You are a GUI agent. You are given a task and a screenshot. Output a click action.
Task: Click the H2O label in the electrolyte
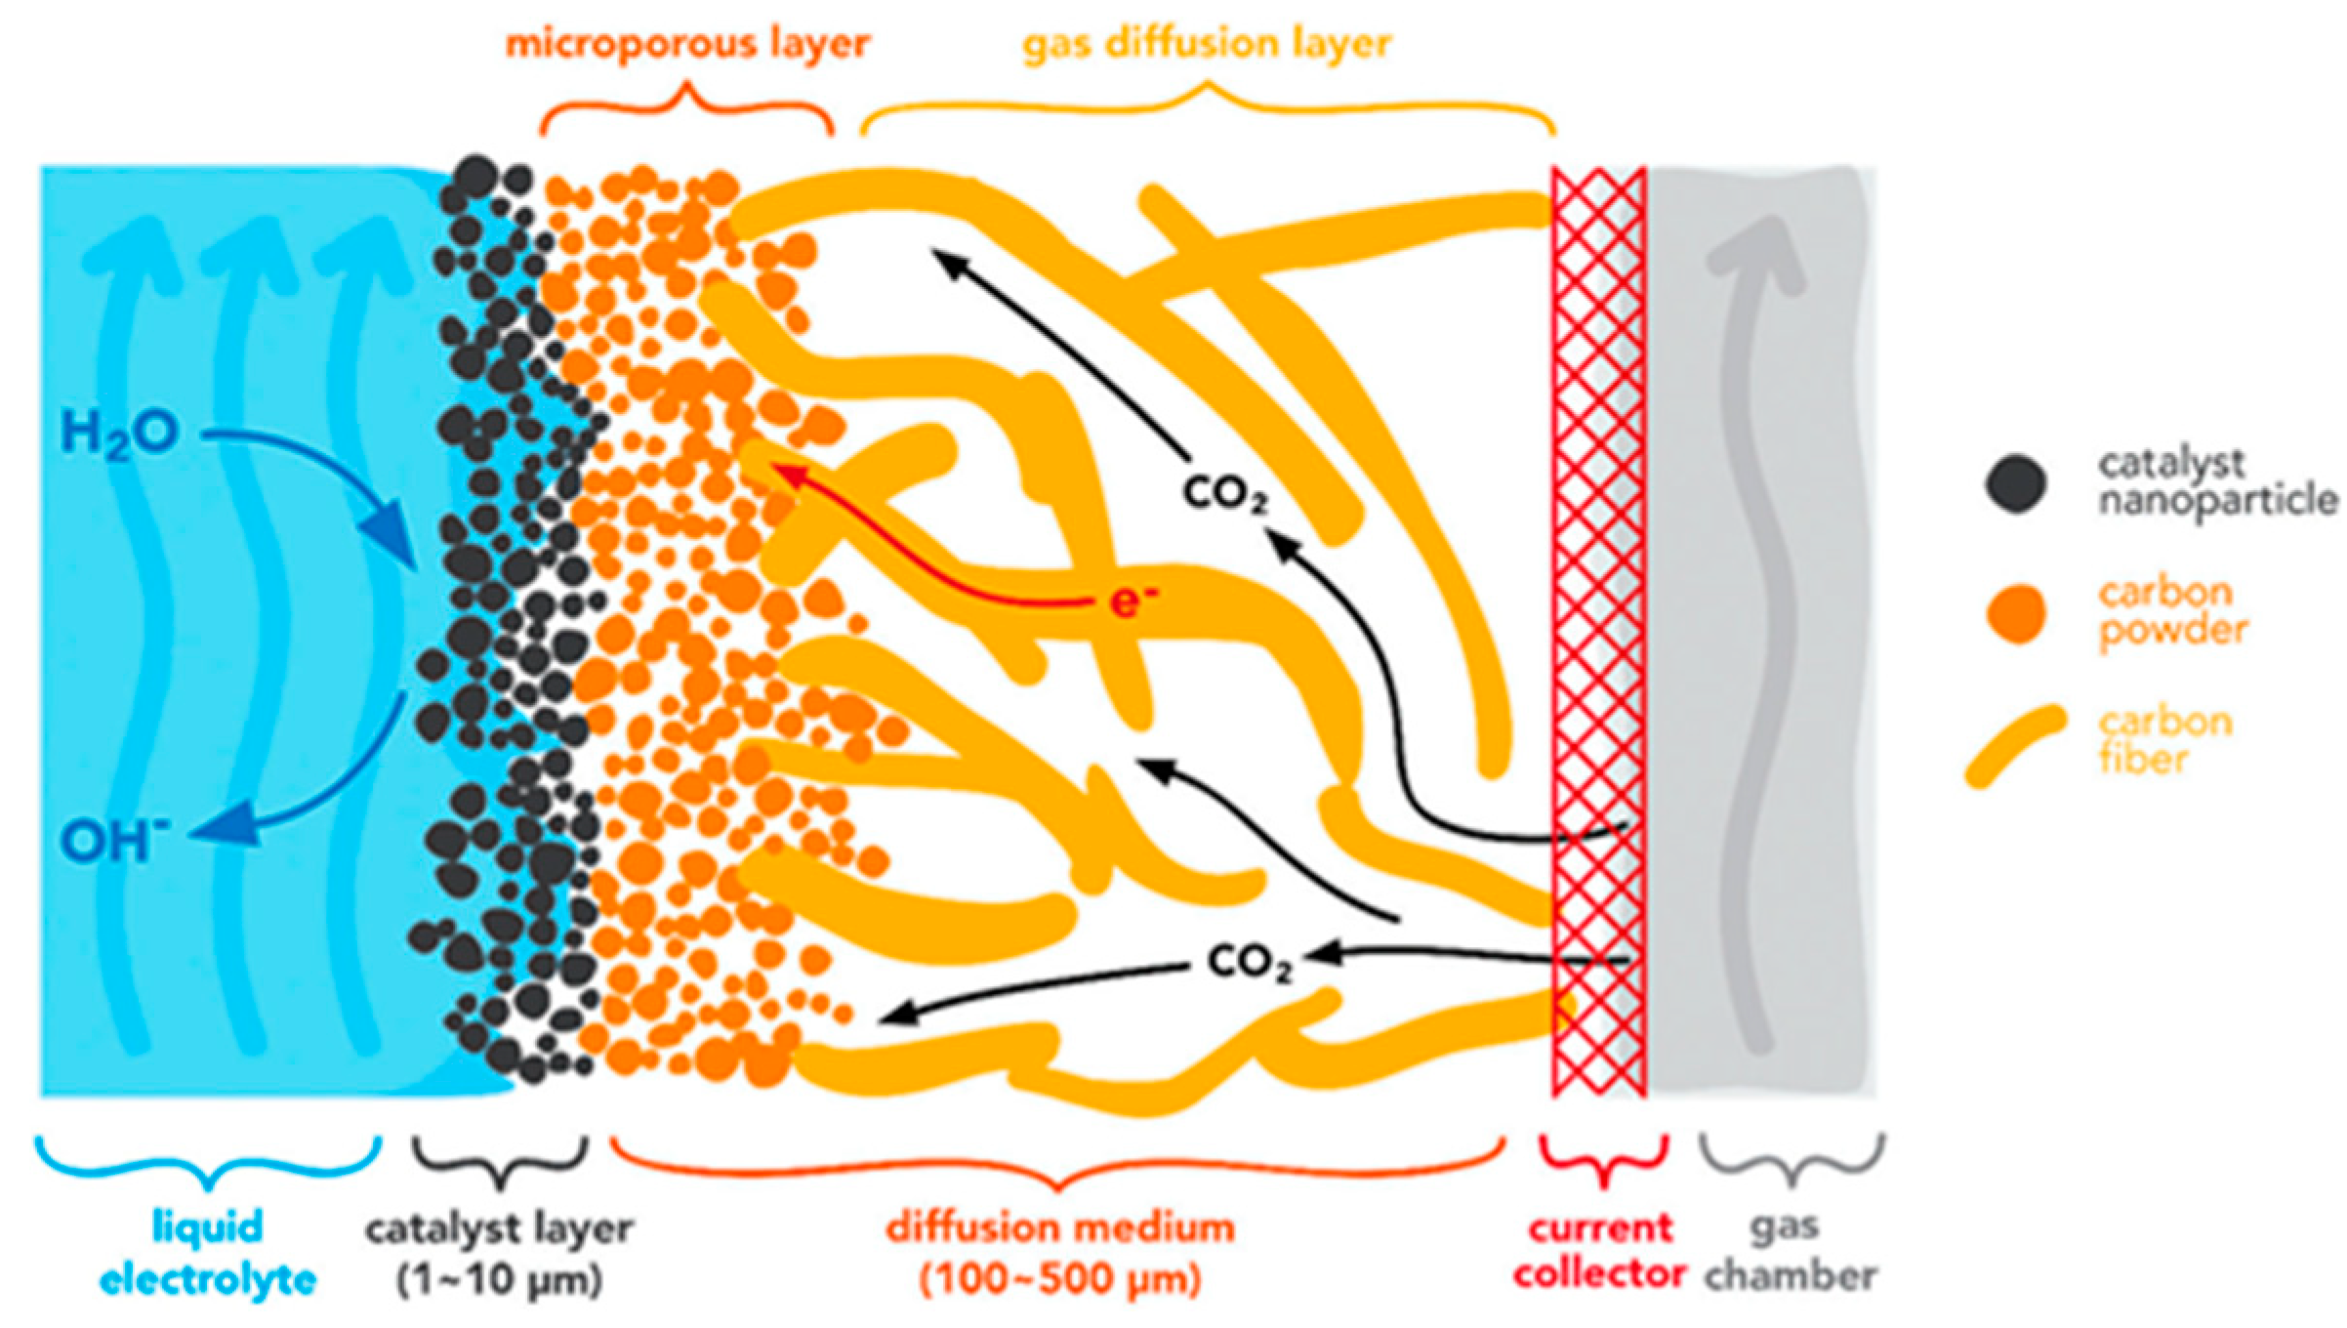click(119, 434)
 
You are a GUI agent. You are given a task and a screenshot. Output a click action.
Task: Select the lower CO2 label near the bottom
click(1251, 964)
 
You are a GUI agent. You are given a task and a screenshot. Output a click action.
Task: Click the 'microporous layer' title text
click(686, 45)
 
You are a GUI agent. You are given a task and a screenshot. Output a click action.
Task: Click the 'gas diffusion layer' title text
click(1207, 45)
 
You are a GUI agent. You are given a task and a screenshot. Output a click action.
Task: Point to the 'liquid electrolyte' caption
click(208, 1253)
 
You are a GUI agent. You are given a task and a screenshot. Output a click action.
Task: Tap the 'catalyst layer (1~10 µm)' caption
click(500, 1253)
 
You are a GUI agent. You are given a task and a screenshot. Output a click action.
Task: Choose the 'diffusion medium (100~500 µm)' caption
click(1060, 1253)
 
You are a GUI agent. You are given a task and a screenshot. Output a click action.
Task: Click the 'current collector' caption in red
click(1601, 1253)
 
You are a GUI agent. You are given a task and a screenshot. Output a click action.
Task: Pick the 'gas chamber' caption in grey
click(1791, 1253)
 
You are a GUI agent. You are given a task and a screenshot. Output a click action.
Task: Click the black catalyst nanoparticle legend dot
click(2016, 483)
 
